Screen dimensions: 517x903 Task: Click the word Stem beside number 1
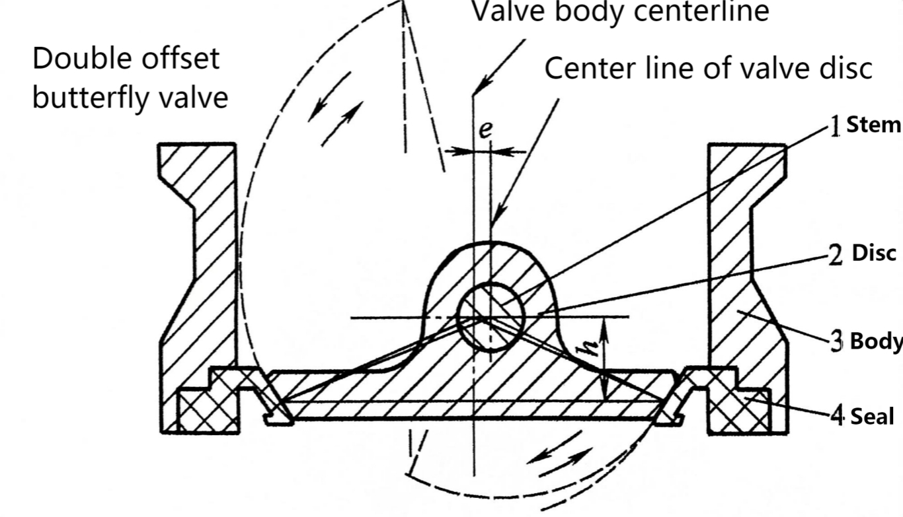pos(873,125)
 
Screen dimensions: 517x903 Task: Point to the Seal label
pos(871,417)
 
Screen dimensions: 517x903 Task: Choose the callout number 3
pos(837,342)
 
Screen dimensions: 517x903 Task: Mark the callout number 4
pos(837,417)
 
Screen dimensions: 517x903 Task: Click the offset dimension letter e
pos(486,130)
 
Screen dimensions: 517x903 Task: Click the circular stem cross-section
pos(491,317)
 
